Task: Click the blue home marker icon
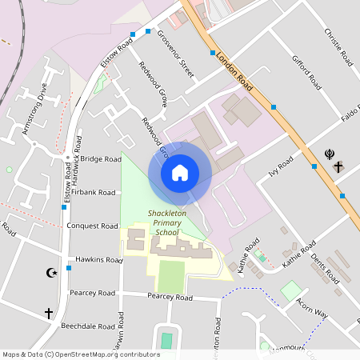180,172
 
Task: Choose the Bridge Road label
101,159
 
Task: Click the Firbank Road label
94,193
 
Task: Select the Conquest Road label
93,226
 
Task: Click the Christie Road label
338,46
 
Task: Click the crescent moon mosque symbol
53,273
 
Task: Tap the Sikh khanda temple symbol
328,154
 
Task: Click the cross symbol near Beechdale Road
48,313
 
